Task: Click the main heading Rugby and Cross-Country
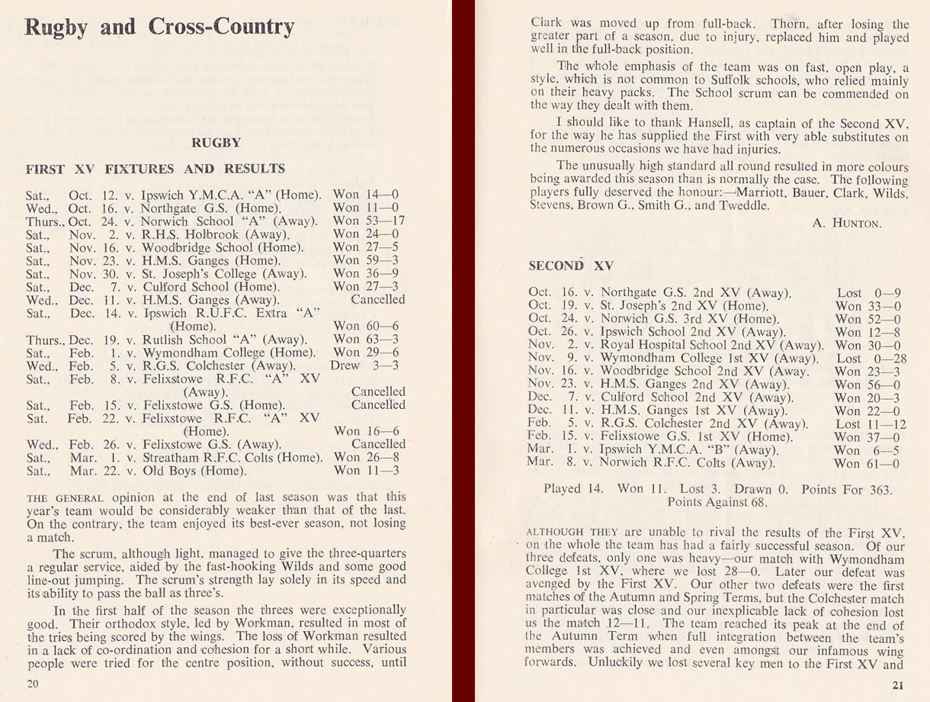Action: coord(159,28)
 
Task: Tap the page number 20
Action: coord(33,684)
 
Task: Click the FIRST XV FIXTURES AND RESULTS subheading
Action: coord(156,169)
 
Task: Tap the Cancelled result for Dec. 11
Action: coord(378,299)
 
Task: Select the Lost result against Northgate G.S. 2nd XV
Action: coord(849,293)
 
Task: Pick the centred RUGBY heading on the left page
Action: coord(216,142)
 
